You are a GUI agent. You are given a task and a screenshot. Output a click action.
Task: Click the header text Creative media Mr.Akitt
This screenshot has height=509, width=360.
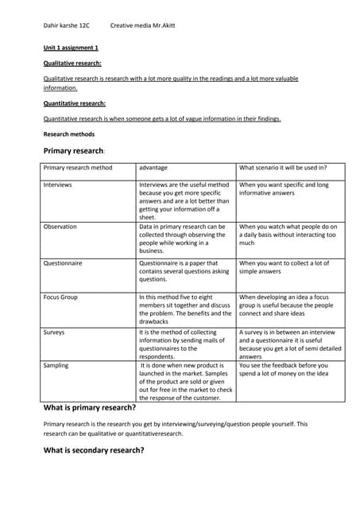point(143,25)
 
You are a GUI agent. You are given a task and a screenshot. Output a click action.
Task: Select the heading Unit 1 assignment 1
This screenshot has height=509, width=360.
point(71,48)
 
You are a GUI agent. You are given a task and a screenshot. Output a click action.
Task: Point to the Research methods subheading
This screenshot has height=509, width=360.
point(68,134)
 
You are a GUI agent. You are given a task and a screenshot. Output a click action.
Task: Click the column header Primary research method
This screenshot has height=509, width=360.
point(78,168)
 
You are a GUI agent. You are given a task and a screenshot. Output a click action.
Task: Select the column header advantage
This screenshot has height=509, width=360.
point(153,168)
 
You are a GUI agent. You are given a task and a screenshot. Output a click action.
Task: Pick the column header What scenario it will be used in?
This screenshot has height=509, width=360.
point(283,168)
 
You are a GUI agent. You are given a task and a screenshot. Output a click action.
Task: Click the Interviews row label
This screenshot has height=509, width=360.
point(57,185)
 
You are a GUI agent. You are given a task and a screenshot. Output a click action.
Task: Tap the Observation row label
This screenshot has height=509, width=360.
point(60,227)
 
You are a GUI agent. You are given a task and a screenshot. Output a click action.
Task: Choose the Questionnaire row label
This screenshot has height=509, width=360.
point(63,262)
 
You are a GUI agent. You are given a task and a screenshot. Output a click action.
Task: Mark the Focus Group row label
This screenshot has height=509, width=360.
point(60,297)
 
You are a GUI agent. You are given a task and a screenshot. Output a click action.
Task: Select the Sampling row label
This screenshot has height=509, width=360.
point(56,366)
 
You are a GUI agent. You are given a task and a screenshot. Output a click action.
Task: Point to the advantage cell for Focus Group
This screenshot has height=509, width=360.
point(185,309)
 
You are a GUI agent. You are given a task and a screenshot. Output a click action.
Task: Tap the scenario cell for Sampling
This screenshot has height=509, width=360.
point(284,370)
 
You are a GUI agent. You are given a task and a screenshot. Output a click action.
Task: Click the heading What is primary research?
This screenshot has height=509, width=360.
point(89,408)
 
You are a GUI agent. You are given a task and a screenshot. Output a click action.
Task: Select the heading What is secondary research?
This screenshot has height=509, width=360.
point(93,450)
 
